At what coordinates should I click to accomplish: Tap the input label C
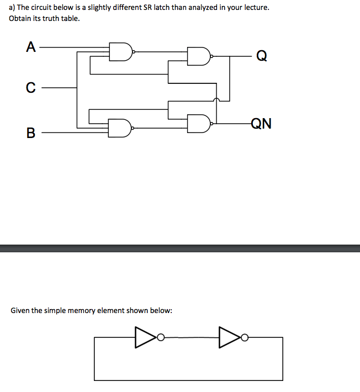pyautogui.click(x=31, y=87)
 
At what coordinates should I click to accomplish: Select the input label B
pyautogui.click(x=31, y=133)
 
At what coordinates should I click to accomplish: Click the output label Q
pyautogui.click(x=262, y=56)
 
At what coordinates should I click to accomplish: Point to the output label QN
pyautogui.click(x=261, y=123)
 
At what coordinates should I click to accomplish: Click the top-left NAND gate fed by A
pyautogui.click(x=121, y=51)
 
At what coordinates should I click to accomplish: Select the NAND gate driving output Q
pyautogui.click(x=199, y=55)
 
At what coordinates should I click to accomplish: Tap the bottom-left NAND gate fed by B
pyautogui.click(x=121, y=128)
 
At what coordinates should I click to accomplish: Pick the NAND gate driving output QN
pyautogui.click(x=199, y=123)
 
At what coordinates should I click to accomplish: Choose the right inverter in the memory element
pyautogui.click(x=228, y=336)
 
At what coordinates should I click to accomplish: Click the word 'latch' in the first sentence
pyautogui.click(x=164, y=9)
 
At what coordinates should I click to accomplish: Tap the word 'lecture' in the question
pyautogui.click(x=256, y=9)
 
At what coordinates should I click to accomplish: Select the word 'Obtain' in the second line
pyautogui.click(x=20, y=19)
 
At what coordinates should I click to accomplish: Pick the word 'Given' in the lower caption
pyautogui.click(x=20, y=310)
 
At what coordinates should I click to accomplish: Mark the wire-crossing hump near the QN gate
pyautogui.click(x=216, y=100)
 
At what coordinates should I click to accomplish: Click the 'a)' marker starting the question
pyautogui.click(x=12, y=9)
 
